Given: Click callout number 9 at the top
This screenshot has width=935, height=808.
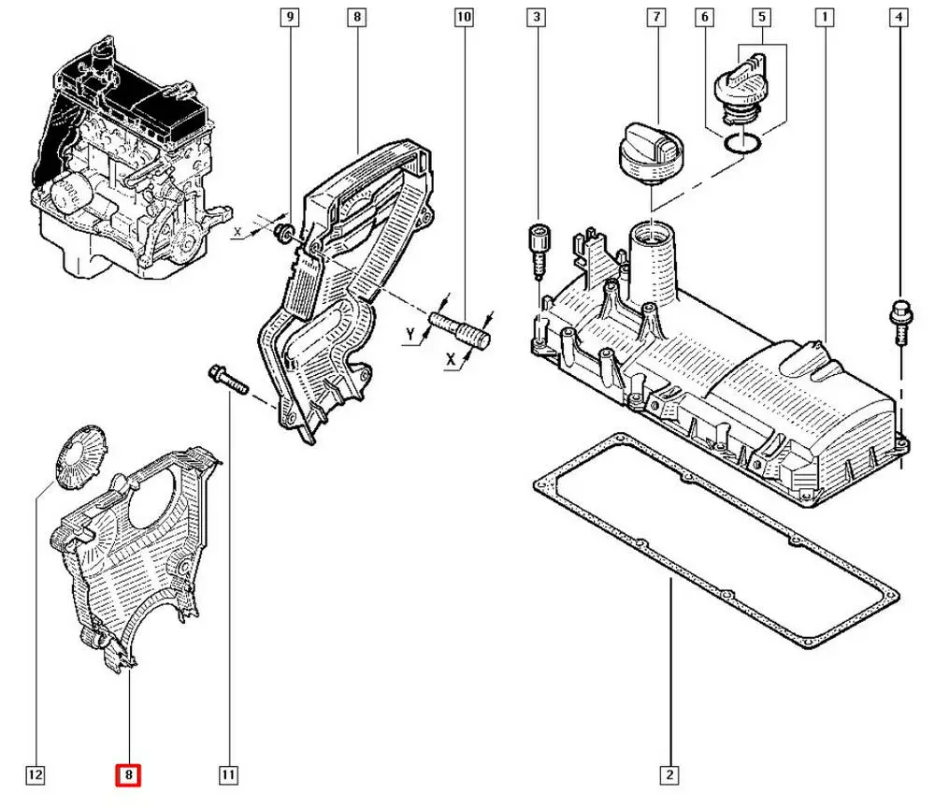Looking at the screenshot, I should point(290,17).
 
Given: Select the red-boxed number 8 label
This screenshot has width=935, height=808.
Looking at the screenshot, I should point(128,774).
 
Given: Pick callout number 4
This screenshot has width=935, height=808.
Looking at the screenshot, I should point(899,17).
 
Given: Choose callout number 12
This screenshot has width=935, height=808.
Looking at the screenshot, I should point(35,774).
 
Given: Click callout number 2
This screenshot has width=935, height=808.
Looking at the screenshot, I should point(669,774).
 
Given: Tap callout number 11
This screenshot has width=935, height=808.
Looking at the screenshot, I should point(228,774).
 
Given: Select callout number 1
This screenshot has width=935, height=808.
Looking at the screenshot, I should point(824,17).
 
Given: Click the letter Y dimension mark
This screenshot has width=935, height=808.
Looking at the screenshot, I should point(410,334).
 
